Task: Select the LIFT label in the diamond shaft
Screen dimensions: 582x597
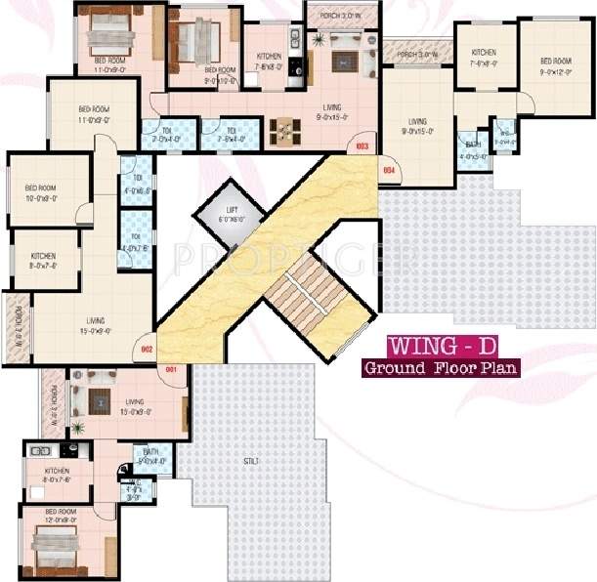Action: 231,212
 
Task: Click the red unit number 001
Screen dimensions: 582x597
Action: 170,369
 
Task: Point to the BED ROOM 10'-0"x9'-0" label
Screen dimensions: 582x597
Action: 41,192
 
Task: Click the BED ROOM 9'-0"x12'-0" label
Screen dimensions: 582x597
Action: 555,66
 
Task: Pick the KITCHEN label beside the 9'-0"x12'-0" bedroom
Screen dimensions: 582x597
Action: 484,57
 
